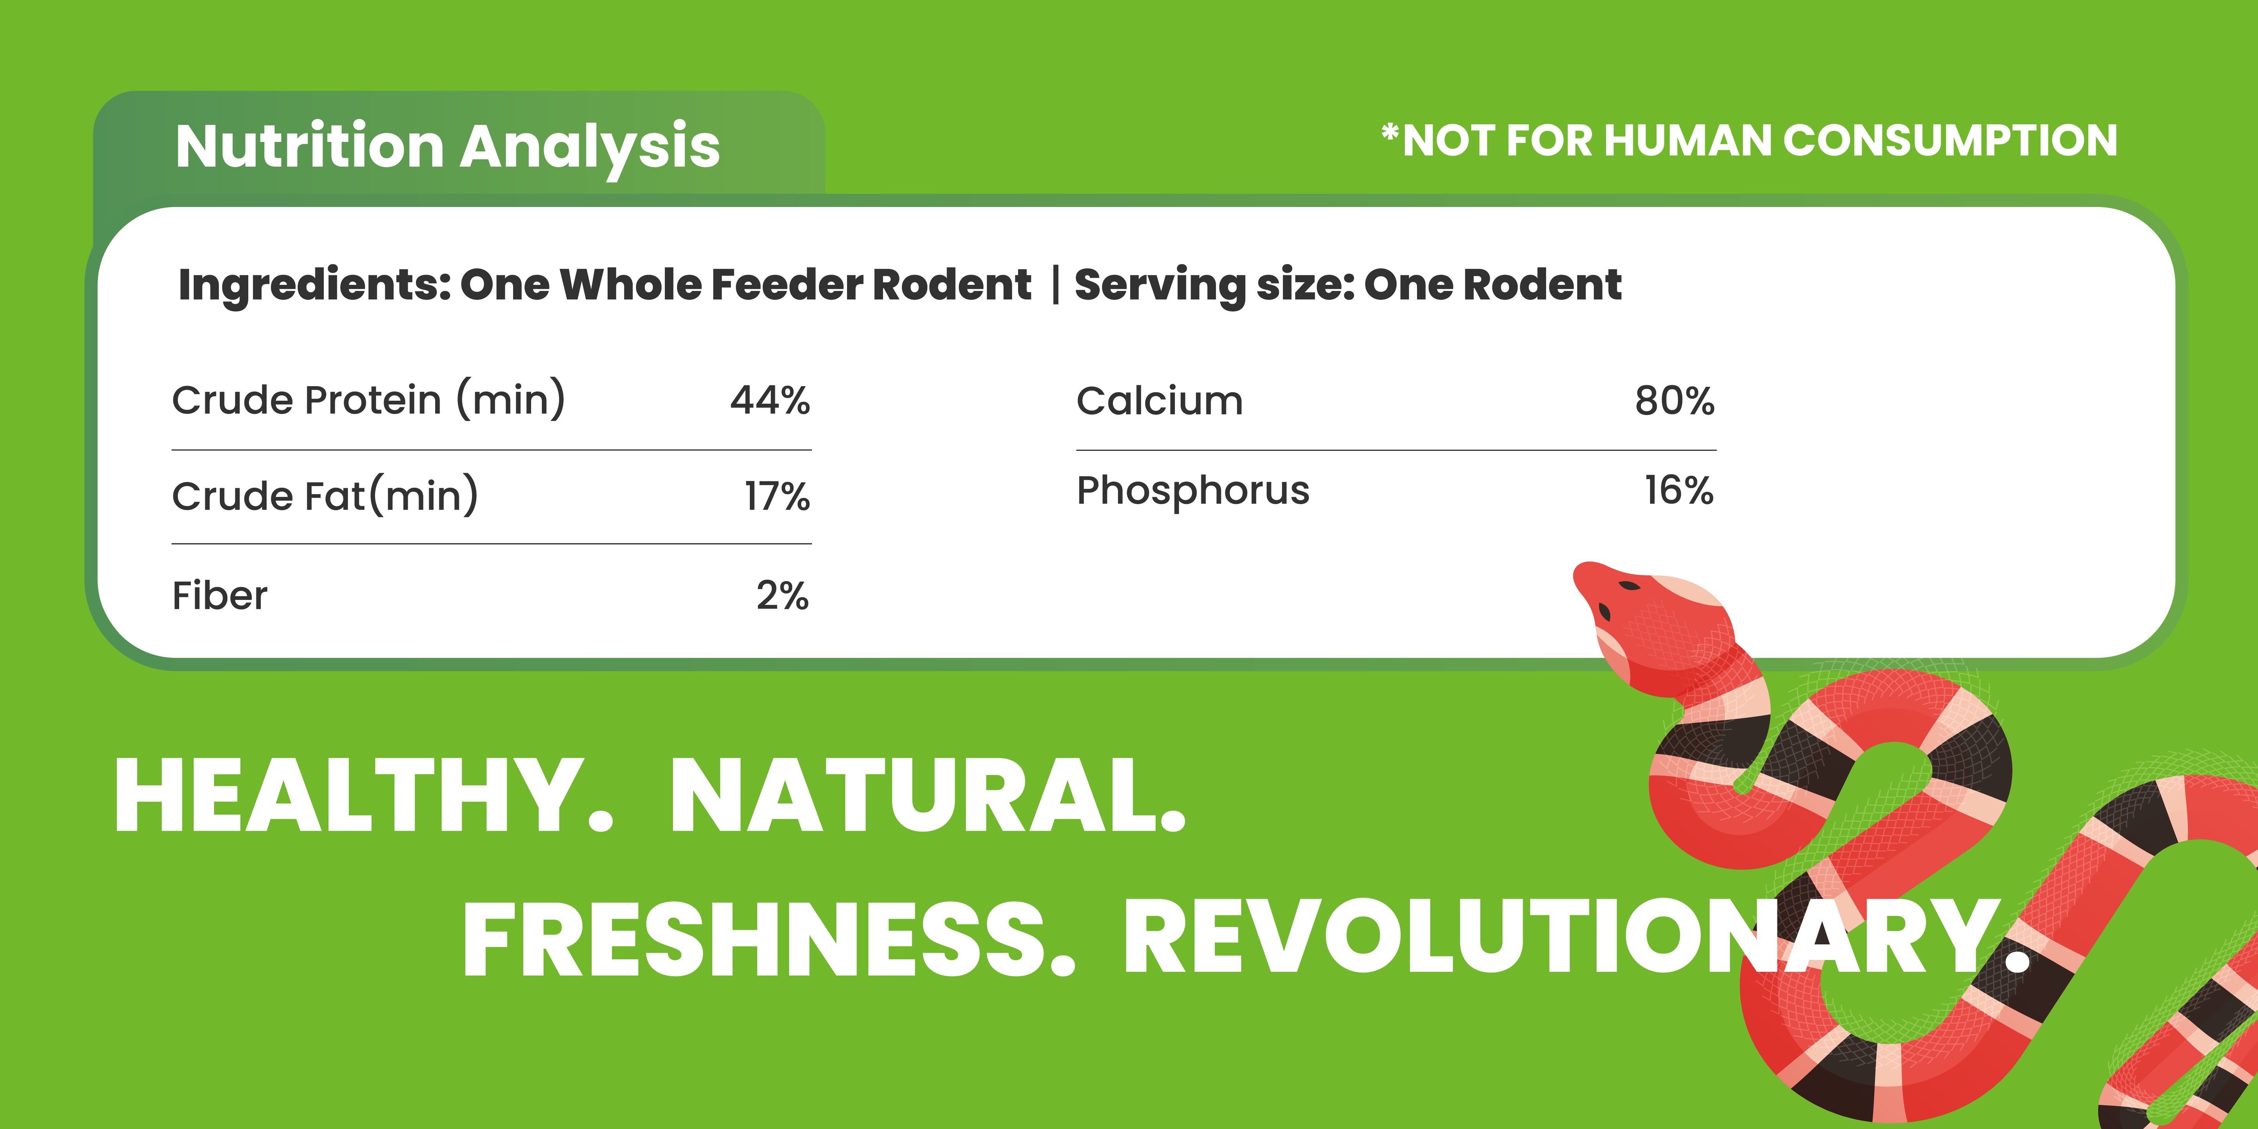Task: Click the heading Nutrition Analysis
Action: pyautogui.click(x=447, y=147)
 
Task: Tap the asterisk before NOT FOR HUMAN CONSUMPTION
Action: pyautogui.click(x=1390, y=133)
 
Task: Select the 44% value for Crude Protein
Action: pyautogui.click(x=770, y=401)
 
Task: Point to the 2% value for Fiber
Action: pyautogui.click(x=783, y=596)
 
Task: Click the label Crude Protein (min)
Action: pyautogui.click(x=369, y=401)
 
